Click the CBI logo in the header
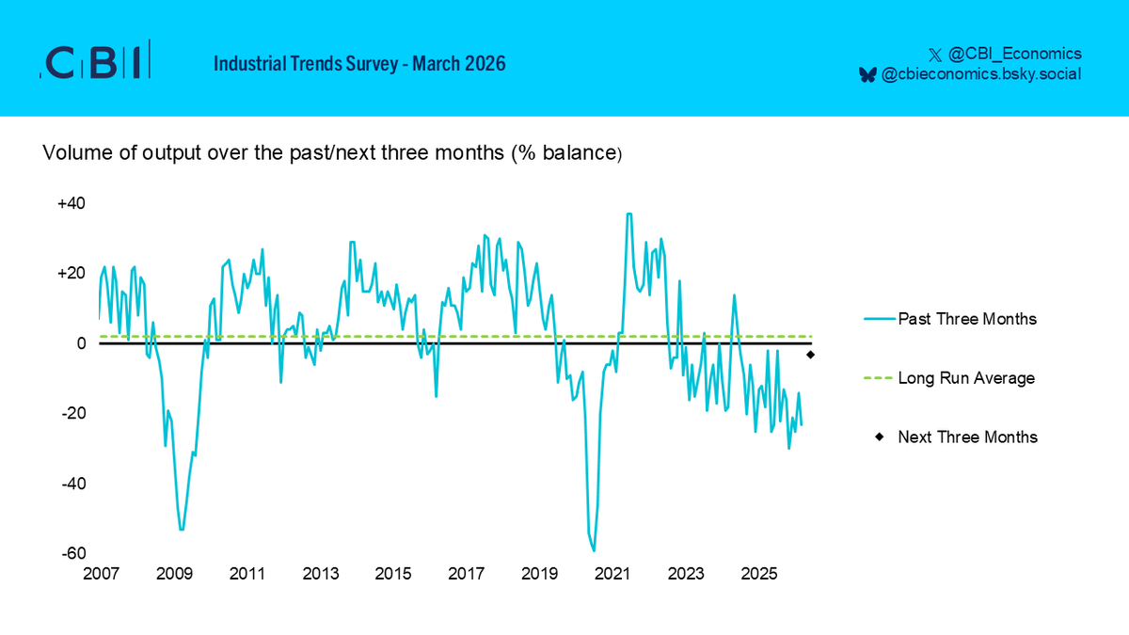[94, 62]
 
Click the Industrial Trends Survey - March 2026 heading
[359, 64]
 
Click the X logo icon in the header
[934, 54]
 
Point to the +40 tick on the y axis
[72, 203]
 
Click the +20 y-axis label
[72, 274]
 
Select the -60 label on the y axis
[74, 553]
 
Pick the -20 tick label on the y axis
[74, 414]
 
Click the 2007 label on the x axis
[101, 574]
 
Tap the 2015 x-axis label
[392, 574]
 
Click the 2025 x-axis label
[758, 574]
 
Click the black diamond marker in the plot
[810, 355]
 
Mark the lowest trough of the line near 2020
[594, 550]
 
